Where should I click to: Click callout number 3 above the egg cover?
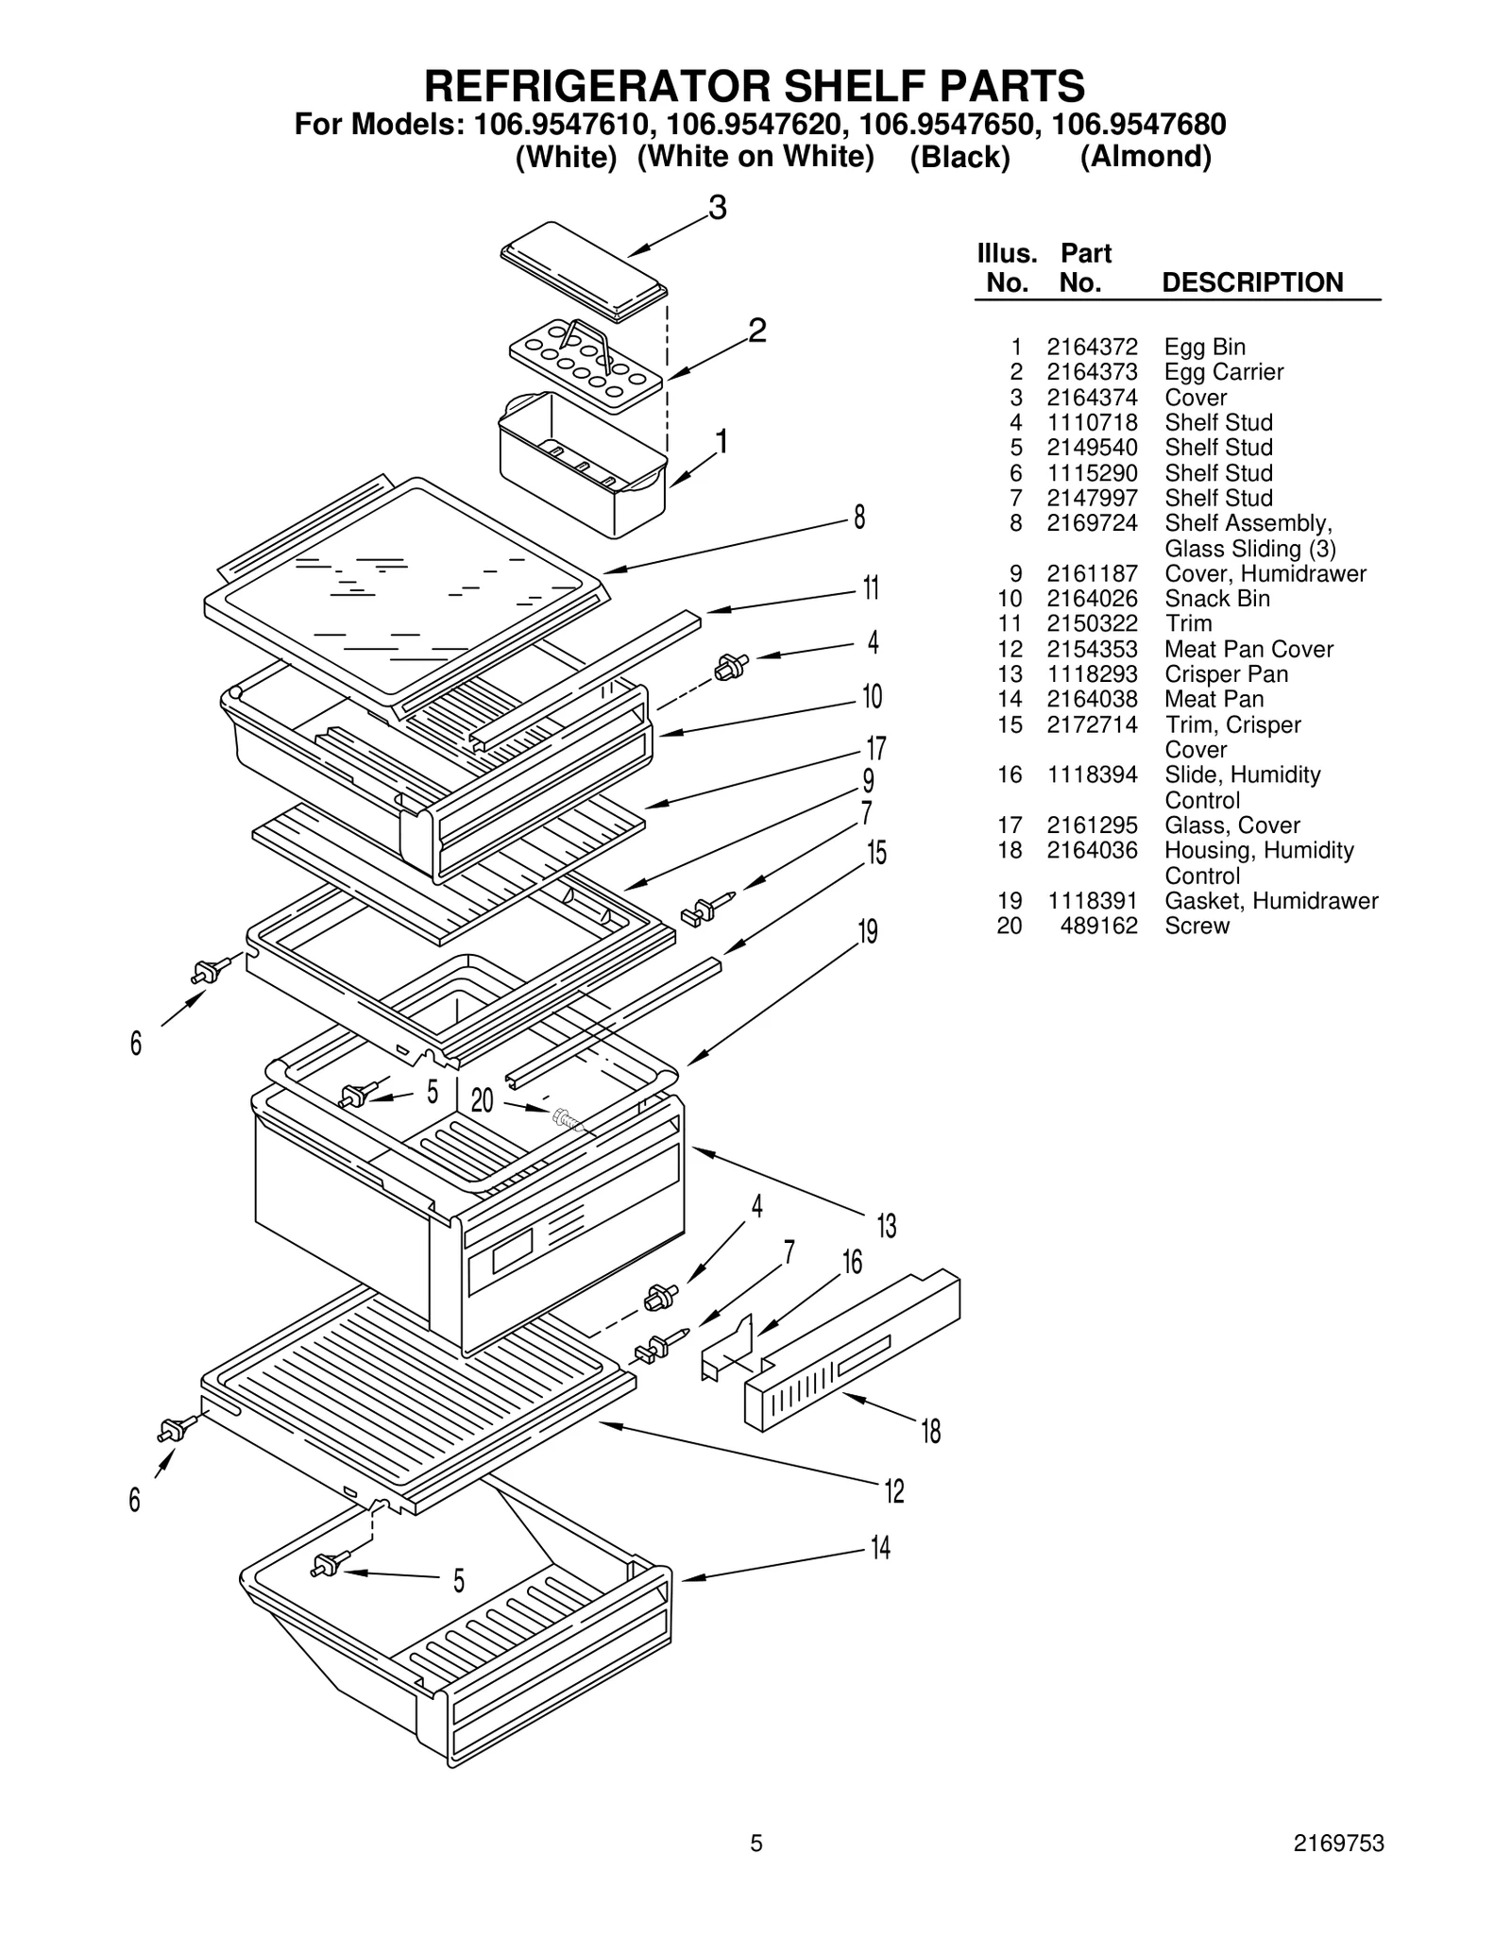[x=718, y=208]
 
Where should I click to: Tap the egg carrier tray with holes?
[x=586, y=365]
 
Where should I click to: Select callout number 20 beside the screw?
[x=482, y=1100]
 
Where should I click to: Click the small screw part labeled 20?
[x=567, y=1119]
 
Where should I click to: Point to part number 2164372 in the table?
[x=1092, y=347]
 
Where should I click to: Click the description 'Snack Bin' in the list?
[x=1216, y=599]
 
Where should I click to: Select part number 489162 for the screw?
[x=1098, y=926]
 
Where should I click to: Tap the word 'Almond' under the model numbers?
[x=1146, y=157]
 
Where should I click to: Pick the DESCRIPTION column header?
[x=1252, y=282]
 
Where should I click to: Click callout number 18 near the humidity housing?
[x=931, y=1432]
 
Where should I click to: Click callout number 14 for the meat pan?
[x=880, y=1548]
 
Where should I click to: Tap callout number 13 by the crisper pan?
[x=887, y=1226]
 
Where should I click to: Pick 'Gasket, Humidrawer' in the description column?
[x=1271, y=901]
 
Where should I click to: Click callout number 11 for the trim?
[x=871, y=588]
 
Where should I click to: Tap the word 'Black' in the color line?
[x=959, y=157]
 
